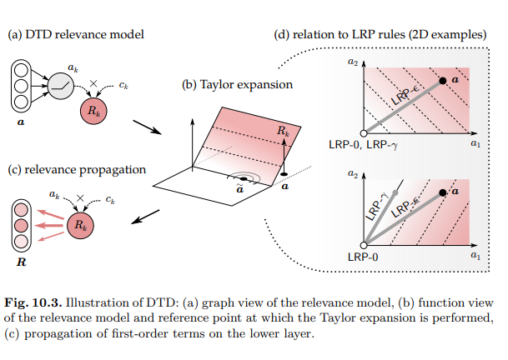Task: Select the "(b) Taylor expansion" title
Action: (238, 85)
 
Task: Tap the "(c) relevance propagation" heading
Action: (77, 169)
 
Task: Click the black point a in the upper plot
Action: (443, 79)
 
